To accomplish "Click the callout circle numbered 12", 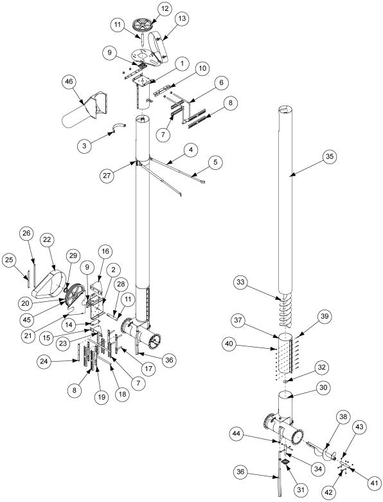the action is tap(165, 9).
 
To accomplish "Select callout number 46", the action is tap(69, 82).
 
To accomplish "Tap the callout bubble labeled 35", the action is tap(330, 156).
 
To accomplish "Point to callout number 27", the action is tap(107, 176).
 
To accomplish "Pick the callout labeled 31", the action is tap(300, 490).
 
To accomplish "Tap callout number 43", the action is tap(359, 427).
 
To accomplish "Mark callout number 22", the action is tap(47, 240).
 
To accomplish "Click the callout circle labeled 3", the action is tap(84, 146).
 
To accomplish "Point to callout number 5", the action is tap(215, 162).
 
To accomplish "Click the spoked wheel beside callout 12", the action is tap(143, 24).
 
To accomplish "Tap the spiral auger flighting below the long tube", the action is tap(285, 309).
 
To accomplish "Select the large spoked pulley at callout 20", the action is tap(74, 295).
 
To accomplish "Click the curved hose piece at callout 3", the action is tap(118, 127).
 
